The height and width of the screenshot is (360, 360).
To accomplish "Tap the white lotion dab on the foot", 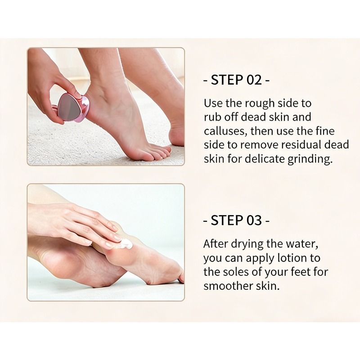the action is [126, 244].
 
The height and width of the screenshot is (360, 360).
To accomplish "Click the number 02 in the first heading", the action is [254, 80].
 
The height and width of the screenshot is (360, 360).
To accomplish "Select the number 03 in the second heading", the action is [254, 220].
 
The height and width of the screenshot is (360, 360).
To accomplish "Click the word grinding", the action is [310, 159].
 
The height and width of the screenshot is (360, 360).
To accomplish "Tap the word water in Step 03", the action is [302, 244].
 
